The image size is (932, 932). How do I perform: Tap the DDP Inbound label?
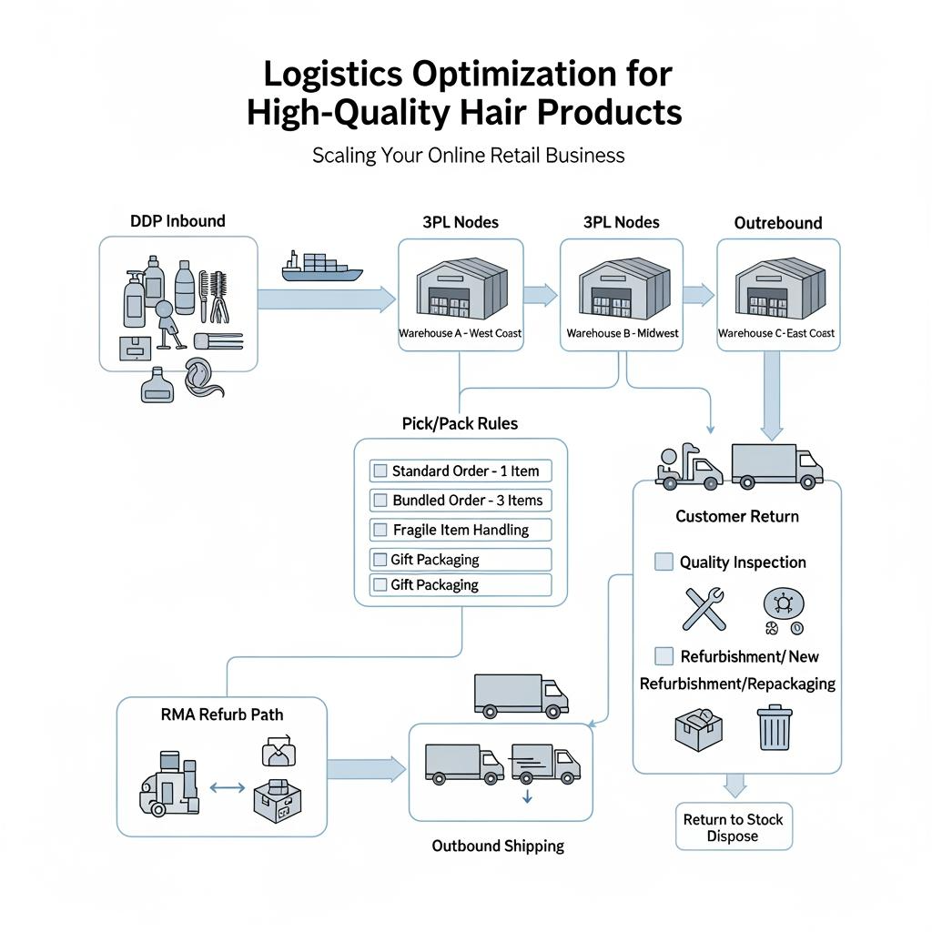pos(177,220)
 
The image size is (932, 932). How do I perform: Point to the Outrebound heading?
pos(778,223)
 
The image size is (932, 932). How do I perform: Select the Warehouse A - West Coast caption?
pos(461,333)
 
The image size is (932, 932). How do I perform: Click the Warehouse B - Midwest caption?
pos(623,333)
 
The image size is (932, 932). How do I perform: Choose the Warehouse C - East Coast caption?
pos(776,333)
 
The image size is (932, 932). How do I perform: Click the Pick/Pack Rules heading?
pos(460,423)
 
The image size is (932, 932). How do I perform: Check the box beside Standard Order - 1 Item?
pos(380,471)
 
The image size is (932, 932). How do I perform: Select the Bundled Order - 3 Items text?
pos(467,501)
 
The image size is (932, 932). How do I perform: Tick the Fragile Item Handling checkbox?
pos(380,530)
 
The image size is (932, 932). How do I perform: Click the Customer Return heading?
pos(737,516)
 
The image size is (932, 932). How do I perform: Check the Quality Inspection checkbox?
pos(664,562)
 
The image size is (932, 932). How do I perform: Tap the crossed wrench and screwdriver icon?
pos(704,609)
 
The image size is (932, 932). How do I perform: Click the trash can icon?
pos(775,728)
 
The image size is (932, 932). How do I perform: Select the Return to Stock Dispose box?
pos(734,827)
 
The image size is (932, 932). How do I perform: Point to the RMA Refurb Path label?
pos(221,714)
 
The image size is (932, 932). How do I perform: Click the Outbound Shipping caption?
pos(498,846)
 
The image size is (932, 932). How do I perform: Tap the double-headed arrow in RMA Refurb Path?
pos(227,787)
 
